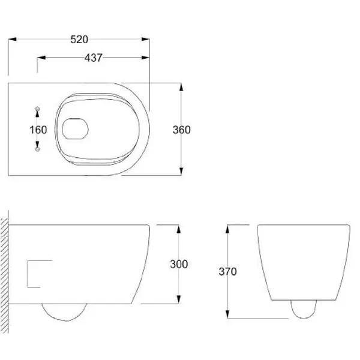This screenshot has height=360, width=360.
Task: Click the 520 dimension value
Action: pos(79,40)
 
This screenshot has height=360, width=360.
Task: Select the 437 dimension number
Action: pos(94,58)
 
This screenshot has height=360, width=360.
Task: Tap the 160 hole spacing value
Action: pos(38,130)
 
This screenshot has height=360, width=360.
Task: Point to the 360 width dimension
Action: pos(181,130)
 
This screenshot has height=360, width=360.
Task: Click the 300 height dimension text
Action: pos(179,264)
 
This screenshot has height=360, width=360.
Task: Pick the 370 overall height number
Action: pos(227,272)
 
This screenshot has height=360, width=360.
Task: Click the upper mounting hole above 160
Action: pos(38,109)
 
